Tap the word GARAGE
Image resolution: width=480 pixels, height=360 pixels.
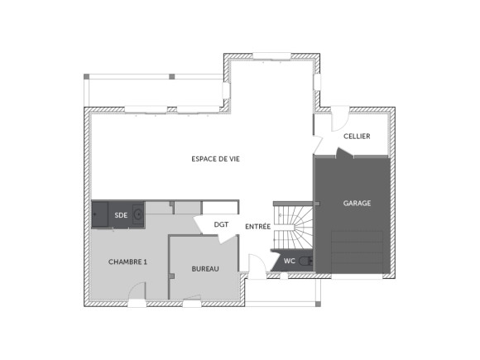tap(357, 203)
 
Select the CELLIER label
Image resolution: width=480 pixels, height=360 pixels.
tap(357, 136)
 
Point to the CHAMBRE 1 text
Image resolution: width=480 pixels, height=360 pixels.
tap(127, 262)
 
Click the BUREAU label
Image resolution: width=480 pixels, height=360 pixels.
tap(205, 269)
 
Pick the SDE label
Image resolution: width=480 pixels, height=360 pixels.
tap(121, 214)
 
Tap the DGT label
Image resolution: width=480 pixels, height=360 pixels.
tap(221, 224)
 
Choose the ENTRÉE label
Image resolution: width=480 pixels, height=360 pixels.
tap(257, 226)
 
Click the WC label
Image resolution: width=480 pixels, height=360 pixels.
tap(290, 262)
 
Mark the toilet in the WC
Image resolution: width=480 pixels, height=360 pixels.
tap(306, 261)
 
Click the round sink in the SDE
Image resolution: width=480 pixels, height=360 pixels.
tap(138, 214)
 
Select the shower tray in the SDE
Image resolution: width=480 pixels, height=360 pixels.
tap(100, 214)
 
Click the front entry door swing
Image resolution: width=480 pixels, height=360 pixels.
tap(258, 266)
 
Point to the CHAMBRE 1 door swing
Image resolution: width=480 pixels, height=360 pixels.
tap(137, 292)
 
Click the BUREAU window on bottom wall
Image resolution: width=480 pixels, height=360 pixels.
tap(192, 305)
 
